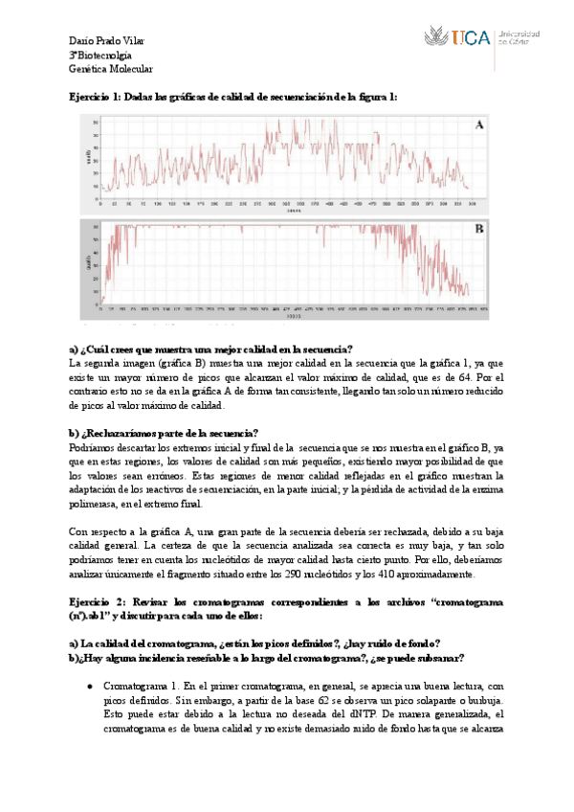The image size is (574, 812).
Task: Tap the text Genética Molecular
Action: pos(111,69)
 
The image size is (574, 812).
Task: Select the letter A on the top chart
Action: pos(479,125)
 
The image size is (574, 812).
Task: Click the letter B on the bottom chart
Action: pos(479,230)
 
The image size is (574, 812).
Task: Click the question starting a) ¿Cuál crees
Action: pos(211,349)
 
